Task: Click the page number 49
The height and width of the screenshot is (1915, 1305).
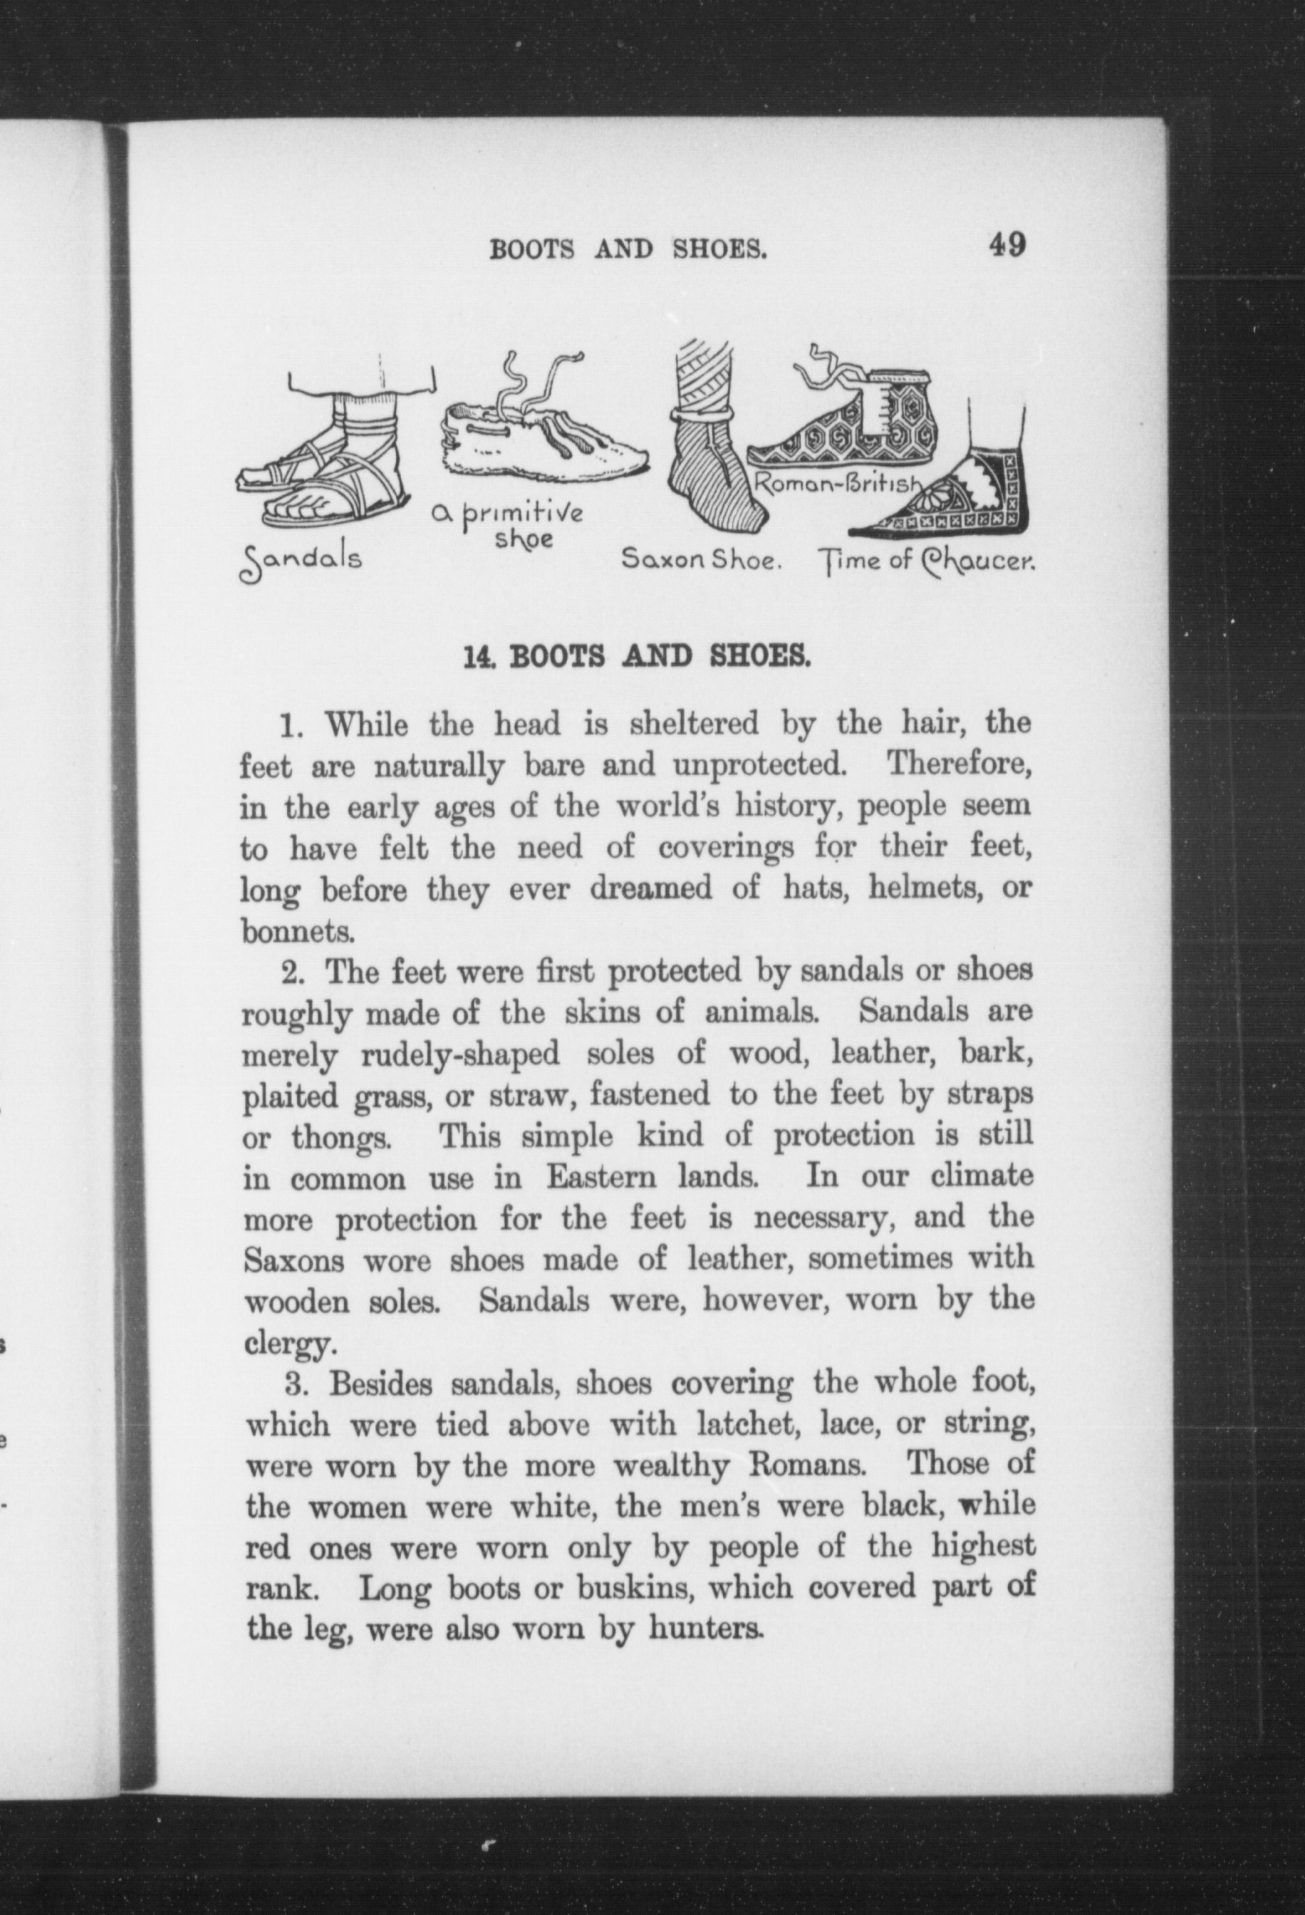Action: pos(1007,245)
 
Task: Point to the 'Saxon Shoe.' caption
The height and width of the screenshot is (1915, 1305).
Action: pos(700,561)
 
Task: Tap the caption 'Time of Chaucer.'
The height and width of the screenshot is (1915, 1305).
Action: pos(925,562)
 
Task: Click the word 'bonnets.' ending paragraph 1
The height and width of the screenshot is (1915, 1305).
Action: pos(298,931)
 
